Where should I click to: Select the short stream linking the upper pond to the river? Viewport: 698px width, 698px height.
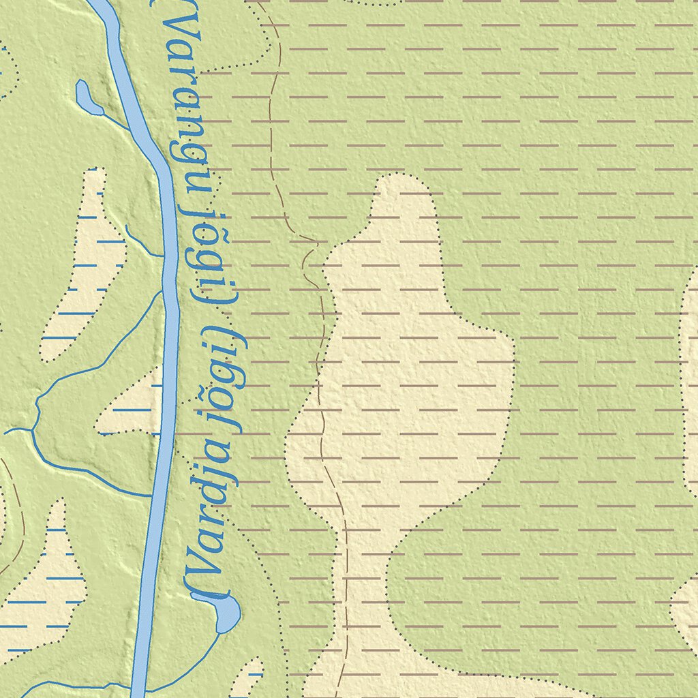tap(116, 120)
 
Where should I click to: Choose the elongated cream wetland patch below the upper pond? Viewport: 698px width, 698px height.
tap(85, 273)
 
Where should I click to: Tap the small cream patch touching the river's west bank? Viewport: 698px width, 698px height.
tap(133, 409)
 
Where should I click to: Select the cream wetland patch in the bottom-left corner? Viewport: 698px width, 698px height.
tap(44, 586)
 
